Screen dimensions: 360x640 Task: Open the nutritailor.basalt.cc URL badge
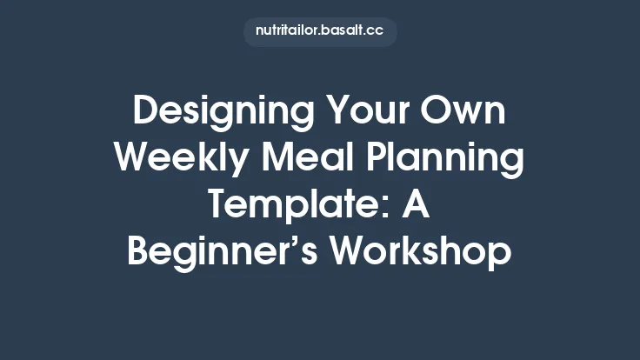[x=320, y=31]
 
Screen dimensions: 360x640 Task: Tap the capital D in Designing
[x=145, y=114]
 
